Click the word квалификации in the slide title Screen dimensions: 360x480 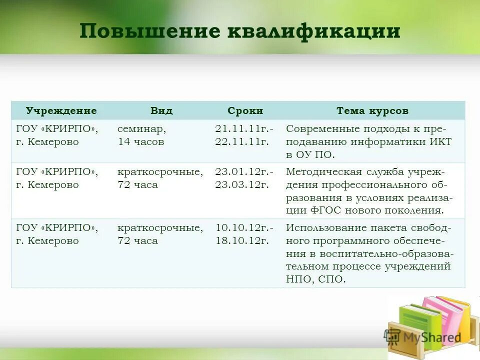pos(313,31)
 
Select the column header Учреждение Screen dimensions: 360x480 pos(61,110)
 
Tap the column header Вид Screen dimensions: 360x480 pos(161,110)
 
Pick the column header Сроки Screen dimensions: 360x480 pos(245,110)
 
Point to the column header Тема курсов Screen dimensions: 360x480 pos(372,110)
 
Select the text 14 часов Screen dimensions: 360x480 pos(141,141)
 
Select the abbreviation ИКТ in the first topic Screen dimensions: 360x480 pos(440,141)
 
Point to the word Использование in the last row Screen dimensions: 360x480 pos(326,228)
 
